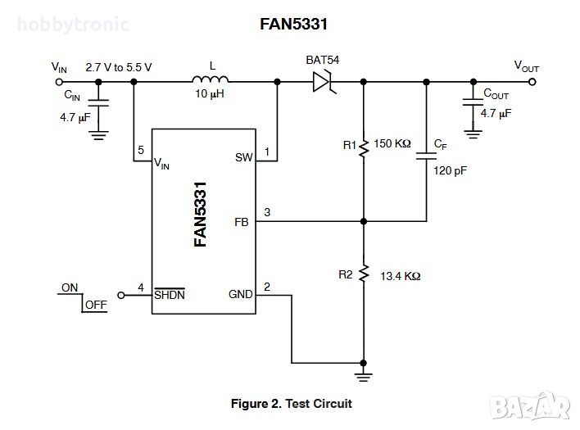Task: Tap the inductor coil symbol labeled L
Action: click(211, 80)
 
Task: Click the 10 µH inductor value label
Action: click(210, 95)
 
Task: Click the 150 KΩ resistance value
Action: click(392, 144)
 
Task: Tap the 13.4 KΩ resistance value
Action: click(401, 276)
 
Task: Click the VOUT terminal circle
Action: click(533, 81)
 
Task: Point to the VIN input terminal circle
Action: click(59, 81)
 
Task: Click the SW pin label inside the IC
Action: click(243, 157)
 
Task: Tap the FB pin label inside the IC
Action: click(242, 221)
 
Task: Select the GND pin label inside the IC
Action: click(239, 294)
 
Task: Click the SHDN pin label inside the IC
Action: click(170, 294)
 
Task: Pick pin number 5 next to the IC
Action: click(141, 151)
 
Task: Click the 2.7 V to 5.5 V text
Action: click(119, 67)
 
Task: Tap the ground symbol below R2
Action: click(364, 375)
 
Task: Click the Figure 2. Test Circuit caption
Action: click(291, 404)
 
